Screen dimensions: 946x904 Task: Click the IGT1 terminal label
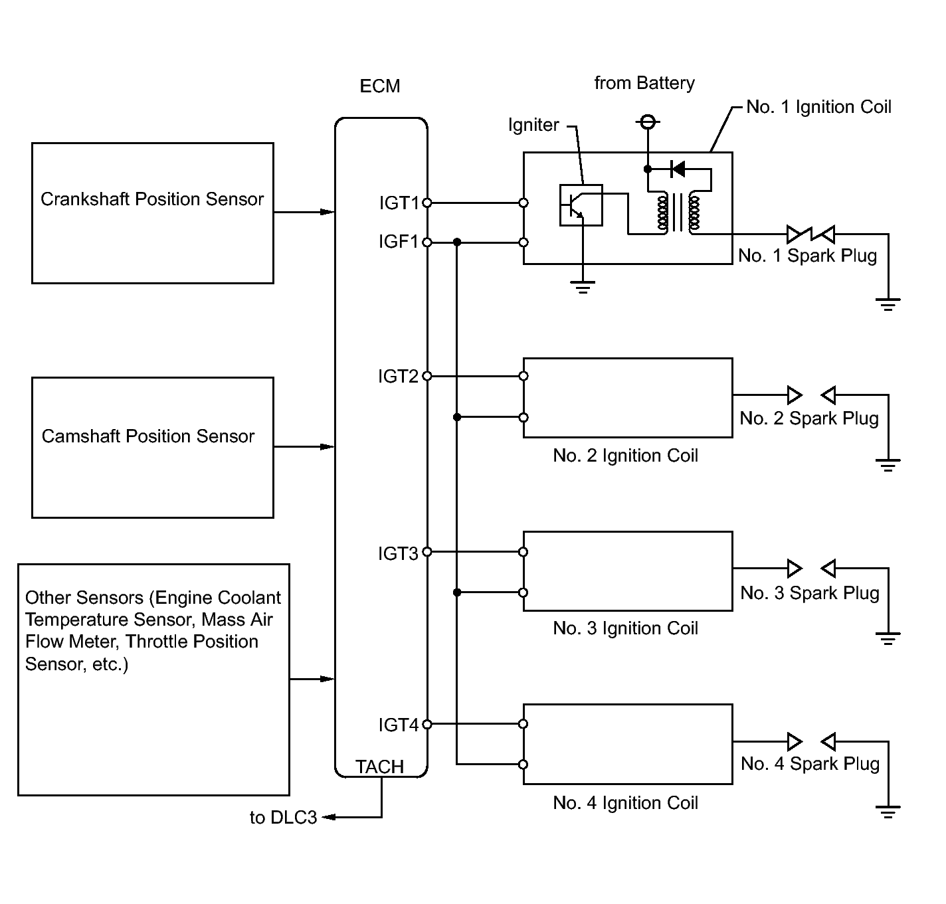pos(399,203)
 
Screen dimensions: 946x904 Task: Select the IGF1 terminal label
pos(398,242)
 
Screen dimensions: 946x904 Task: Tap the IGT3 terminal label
pos(398,553)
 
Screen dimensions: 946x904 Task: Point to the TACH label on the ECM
pos(380,767)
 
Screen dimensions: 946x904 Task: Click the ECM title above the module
pos(380,86)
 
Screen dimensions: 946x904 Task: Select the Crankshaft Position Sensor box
pos(153,213)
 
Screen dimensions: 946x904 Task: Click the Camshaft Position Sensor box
pos(153,448)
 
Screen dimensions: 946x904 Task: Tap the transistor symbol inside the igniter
pos(581,205)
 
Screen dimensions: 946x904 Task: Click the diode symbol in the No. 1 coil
pos(677,169)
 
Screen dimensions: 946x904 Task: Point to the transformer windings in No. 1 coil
pos(678,213)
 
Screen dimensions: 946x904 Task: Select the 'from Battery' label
pos(644,83)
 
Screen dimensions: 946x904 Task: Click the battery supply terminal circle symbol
pos(648,122)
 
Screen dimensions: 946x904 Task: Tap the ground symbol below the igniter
pos(583,287)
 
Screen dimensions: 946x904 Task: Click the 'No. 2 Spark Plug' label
pos(809,418)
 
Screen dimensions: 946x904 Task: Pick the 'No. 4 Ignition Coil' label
pos(625,802)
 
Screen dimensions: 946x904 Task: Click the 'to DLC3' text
pos(283,818)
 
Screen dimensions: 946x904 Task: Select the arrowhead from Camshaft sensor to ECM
pos(327,446)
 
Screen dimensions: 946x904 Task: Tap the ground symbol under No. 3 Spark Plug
pos(888,638)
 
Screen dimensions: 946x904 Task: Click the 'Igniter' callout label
pos(533,125)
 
